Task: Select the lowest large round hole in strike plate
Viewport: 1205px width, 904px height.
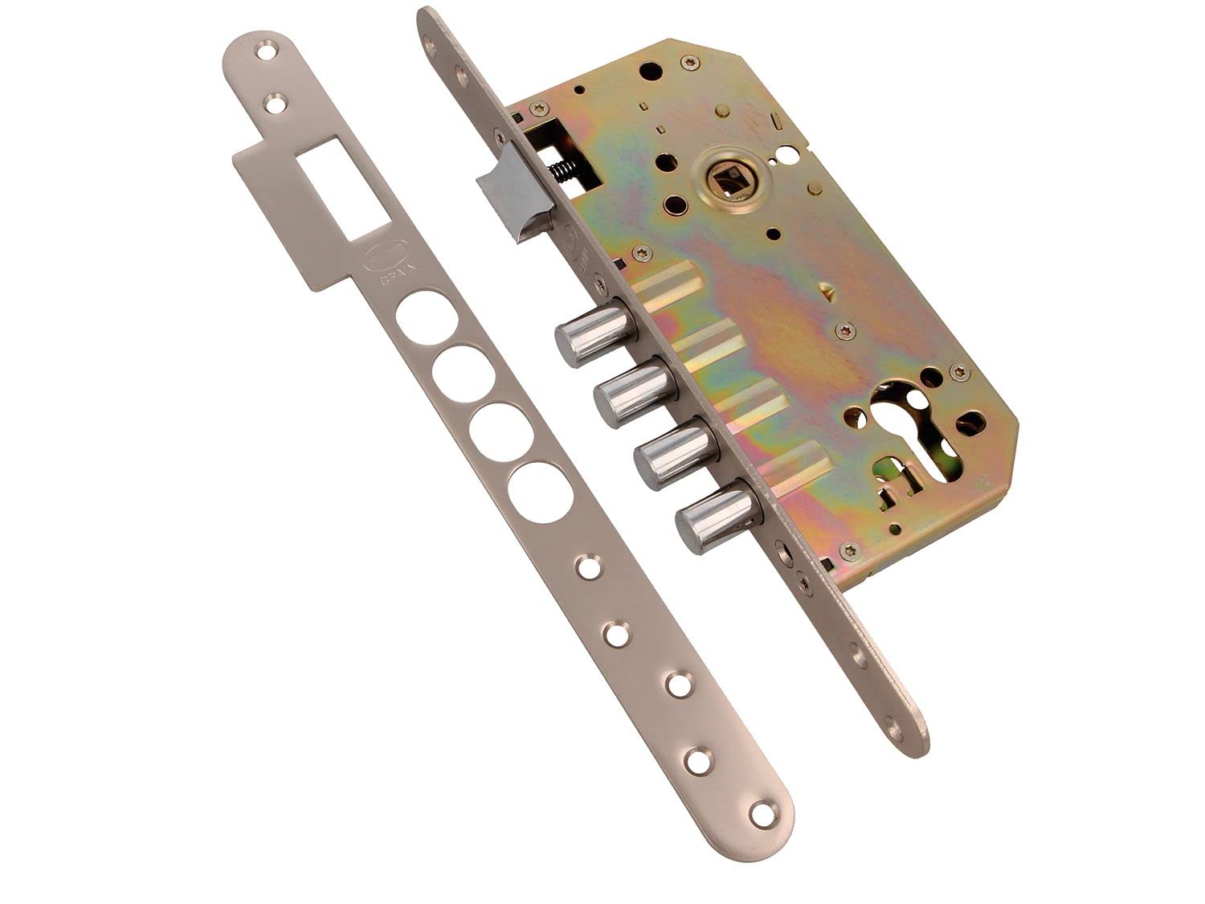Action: pos(540,490)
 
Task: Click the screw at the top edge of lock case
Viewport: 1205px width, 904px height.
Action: pos(688,61)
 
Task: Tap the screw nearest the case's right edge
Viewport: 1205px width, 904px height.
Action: pos(958,371)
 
